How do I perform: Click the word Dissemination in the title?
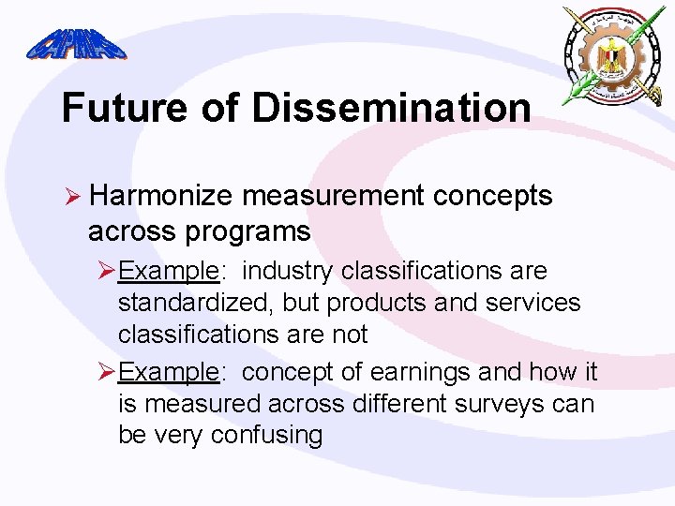pos(391,108)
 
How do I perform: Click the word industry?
pos(289,272)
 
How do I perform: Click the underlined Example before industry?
pos(169,272)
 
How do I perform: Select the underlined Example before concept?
pos(169,373)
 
